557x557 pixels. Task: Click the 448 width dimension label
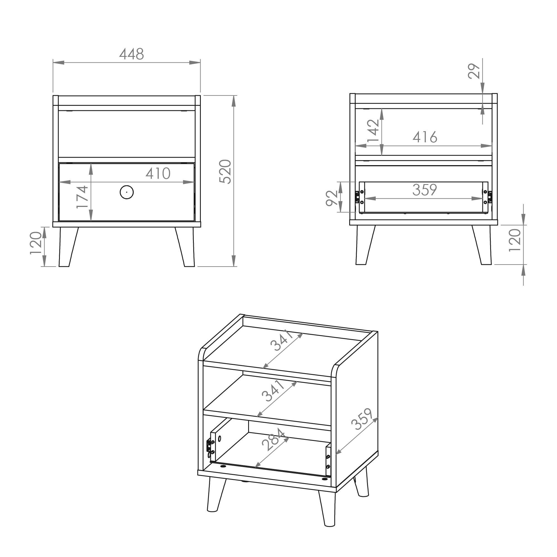tap(131, 54)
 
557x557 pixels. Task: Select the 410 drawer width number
tap(158, 173)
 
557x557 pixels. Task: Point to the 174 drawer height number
tap(82, 197)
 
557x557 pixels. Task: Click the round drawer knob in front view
tap(126, 192)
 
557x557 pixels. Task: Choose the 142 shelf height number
tap(373, 131)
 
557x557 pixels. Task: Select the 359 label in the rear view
tap(425, 190)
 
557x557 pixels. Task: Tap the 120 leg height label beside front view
tap(36, 243)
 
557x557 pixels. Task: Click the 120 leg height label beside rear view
tap(515, 240)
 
